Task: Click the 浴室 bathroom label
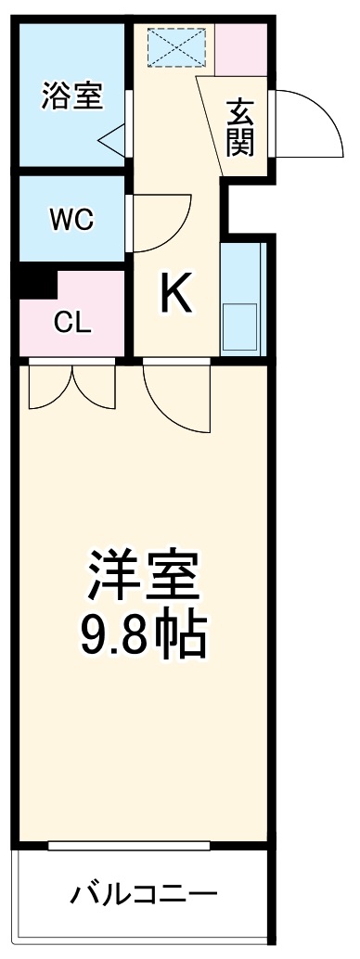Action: [x=72, y=96]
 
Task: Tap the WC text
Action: [x=71, y=220]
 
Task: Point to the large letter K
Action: [x=176, y=296]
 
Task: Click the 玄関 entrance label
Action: [x=241, y=128]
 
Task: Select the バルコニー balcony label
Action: [x=144, y=895]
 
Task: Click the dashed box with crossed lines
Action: [x=179, y=46]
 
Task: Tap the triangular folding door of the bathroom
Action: [x=113, y=140]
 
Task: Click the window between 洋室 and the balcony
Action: [x=129, y=844]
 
